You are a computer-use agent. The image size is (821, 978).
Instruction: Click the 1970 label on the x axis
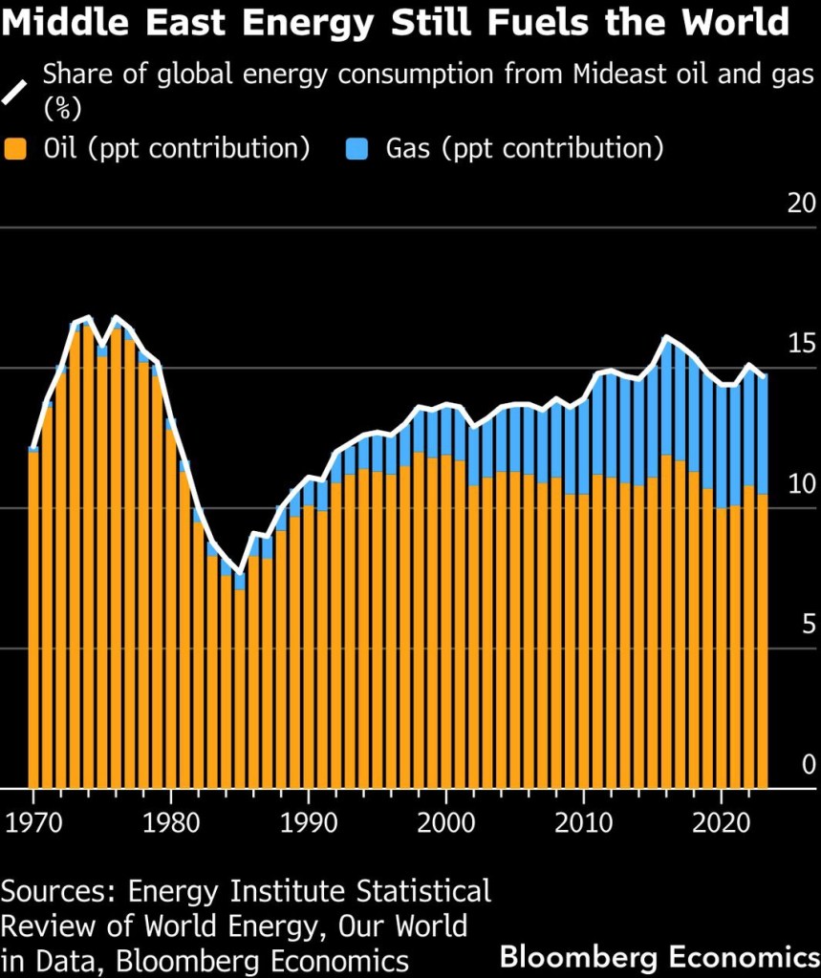point(34,823)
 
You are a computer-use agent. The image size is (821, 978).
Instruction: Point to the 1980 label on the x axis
point(171,823)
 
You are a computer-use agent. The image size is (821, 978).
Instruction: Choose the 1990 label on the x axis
point(309,823)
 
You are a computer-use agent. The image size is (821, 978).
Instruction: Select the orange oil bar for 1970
point(33,621)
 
